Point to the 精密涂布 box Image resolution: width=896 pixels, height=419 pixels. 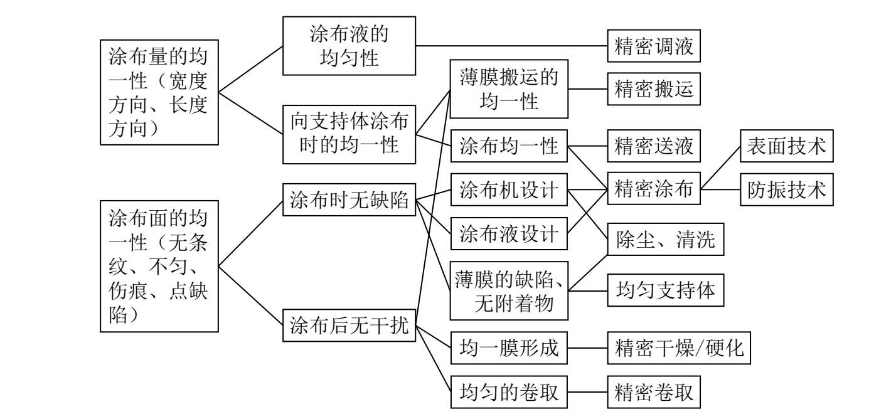point(653,188)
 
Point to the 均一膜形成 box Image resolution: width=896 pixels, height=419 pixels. point(509,347)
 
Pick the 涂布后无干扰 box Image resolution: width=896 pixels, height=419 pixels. point(349,326)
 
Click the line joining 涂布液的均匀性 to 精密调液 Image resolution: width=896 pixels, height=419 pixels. point(511,46)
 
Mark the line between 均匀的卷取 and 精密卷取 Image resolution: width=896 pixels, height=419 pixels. point(587,393)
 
